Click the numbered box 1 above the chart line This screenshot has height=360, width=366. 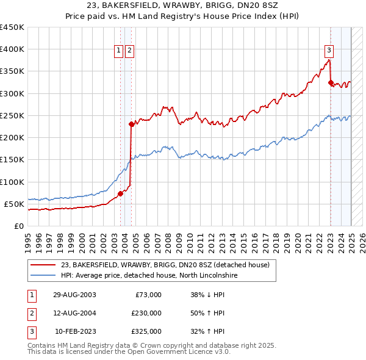tap(119, 51)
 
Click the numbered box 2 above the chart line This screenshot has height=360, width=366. tap(130, 51)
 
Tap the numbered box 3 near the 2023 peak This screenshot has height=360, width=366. tap(329, 51)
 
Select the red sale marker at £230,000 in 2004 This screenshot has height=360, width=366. tap(131, 124)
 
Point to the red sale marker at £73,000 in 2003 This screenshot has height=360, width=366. tap(120, 193)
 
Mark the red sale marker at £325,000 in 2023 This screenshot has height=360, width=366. tap(331, 82)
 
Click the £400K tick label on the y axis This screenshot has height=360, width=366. tap(12, 49)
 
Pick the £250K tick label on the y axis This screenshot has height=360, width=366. tap(12, 115)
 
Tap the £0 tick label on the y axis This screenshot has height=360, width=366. tap(18, 226)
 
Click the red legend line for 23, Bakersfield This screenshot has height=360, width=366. tap(43, 265)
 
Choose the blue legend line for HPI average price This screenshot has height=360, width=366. tap(43, 275)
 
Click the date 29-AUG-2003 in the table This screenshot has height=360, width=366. tap(74, 295)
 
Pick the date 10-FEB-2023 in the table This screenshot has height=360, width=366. tap(75, 332)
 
